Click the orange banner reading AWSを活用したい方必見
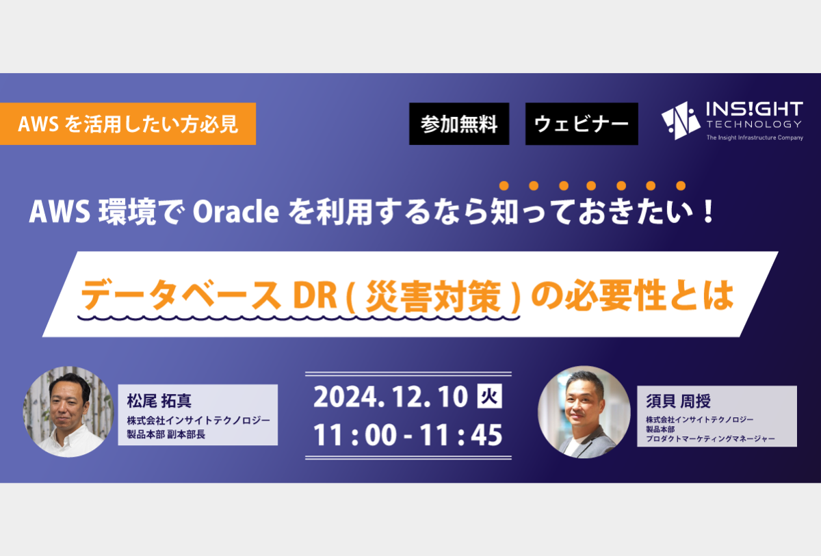(127, 124)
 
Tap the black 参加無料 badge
(459, 124)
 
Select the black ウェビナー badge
(582, 124)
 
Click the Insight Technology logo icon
(681, 120)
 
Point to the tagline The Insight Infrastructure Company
(755, 137)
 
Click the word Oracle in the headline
(235, 212)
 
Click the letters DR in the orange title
(315, 295)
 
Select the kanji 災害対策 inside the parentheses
(433, 296)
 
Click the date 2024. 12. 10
(391, 397)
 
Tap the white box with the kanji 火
(489, 396)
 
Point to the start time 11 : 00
(355, 435)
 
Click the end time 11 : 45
(460, 435)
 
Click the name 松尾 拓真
(159, 401)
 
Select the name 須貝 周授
(678, 401)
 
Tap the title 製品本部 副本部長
(166, 434)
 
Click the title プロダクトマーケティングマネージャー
(710, 438)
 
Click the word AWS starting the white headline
(60, 212)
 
